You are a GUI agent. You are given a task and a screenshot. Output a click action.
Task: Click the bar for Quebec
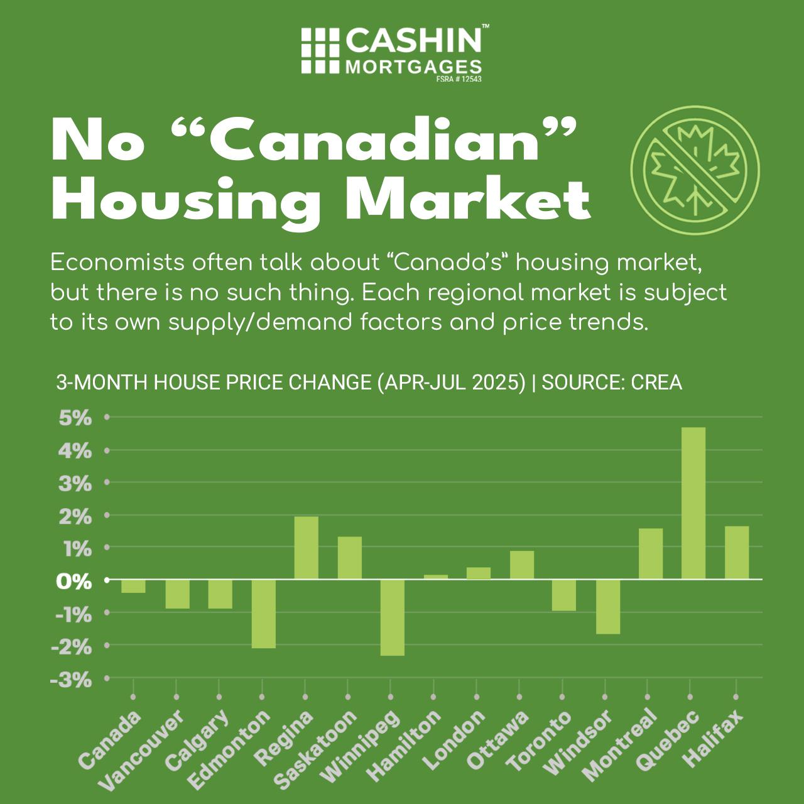click(x=693, y=503)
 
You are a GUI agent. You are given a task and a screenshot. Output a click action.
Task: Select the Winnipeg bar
click(x=393, y=617)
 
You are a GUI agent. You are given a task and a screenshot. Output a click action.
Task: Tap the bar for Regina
click(x=307, y=548)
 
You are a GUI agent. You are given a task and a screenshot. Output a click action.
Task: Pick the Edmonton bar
click(x=264, y=614)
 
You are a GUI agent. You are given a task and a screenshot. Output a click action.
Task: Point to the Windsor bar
click(x=608, y=607)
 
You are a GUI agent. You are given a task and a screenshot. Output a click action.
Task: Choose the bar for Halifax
click(x=737, y=553)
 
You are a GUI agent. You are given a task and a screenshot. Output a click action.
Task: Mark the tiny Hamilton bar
click(x=436, y=577)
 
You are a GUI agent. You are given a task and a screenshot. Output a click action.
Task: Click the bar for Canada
click(x=133, y=586)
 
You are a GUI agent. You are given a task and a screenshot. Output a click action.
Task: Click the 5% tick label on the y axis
click(x=75, y=418)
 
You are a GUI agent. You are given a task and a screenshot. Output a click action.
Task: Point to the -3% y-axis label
click(x=73, y=680)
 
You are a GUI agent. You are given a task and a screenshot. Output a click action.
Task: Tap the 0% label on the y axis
click(x=73, y=581)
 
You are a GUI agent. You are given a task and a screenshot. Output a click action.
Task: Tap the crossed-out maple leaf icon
click(x=695, y=165)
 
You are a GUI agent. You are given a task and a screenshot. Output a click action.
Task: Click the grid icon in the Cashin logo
click(x=319, y=50)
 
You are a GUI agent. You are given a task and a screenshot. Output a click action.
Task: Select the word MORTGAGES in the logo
click(x=414, y=67)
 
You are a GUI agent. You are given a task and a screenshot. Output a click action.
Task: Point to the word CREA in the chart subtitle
click(x=656, y=383)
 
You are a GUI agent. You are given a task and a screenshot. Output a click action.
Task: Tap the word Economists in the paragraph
click(x=108, y=263)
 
